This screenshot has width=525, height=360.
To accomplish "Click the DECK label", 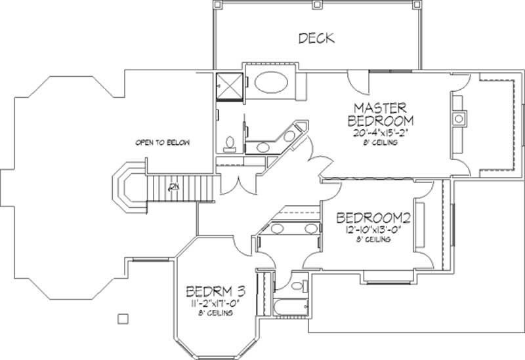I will (x=316, y=38).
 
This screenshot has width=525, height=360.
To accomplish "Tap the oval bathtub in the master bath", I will (x=271, y=83).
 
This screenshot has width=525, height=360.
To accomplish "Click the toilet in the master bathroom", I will (x=229, y=142).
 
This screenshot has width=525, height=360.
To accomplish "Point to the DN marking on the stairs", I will (x=173, y=188).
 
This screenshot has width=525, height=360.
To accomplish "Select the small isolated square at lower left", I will (x=122, y=319).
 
